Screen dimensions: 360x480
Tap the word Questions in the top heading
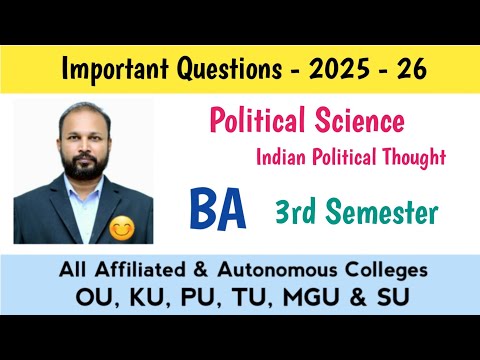(228, 71)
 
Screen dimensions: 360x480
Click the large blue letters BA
(221, 210)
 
